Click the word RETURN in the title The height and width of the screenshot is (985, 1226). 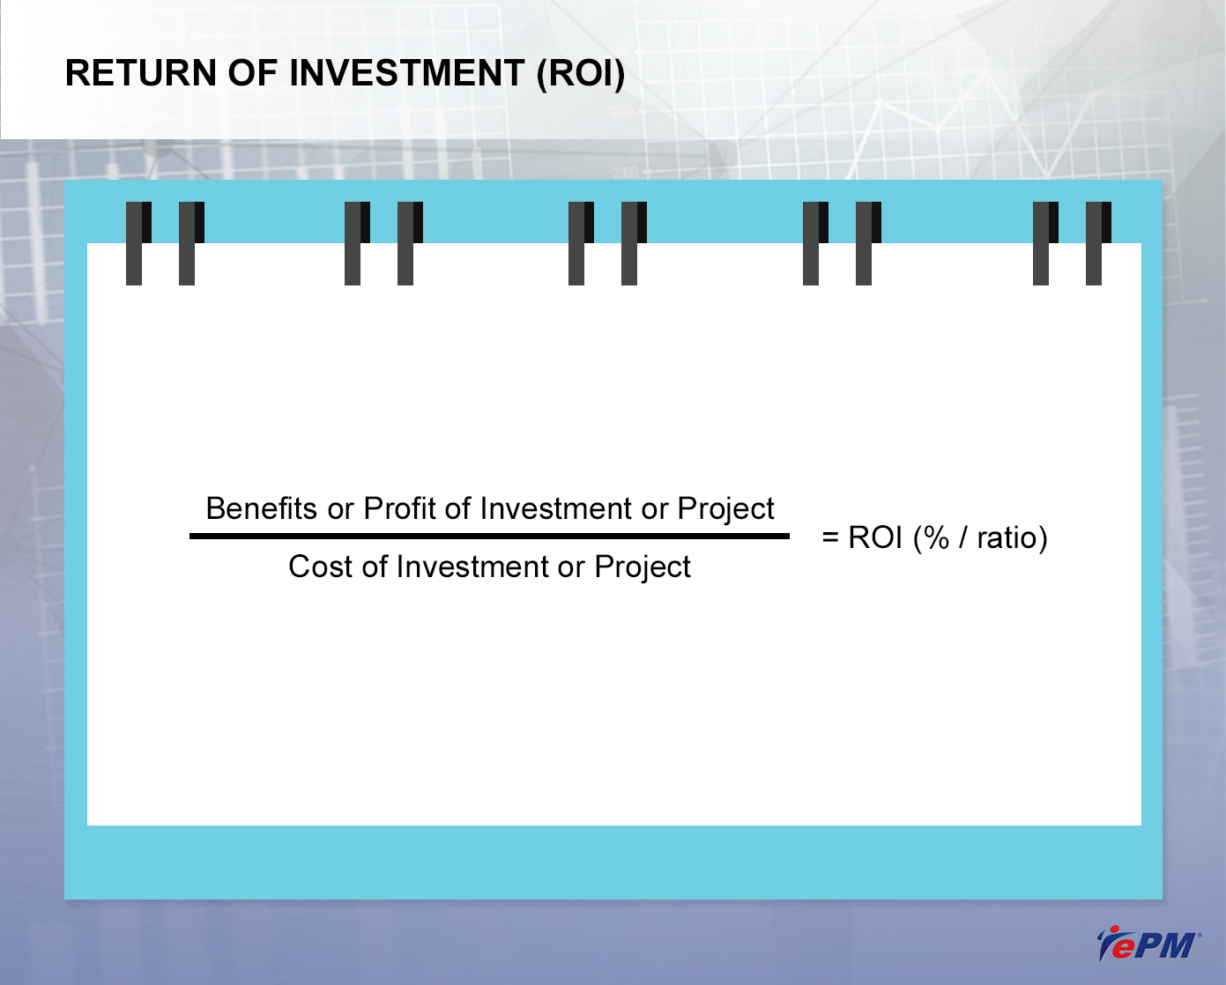[x=141, y=73]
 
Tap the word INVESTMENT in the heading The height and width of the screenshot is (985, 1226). [x=407, y=73]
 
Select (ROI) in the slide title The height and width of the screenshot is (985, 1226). [x=581, y=74]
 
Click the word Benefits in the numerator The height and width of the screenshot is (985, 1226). [x=261, y=508]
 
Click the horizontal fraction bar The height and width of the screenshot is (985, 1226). [x=489, y=536]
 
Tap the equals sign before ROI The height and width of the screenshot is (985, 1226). [x=830, y=537]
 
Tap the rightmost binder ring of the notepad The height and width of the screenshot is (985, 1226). [x=1098, y=243]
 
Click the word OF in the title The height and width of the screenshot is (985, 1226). [x=253, y=73]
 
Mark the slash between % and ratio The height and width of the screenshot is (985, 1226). [x=963, y=537]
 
